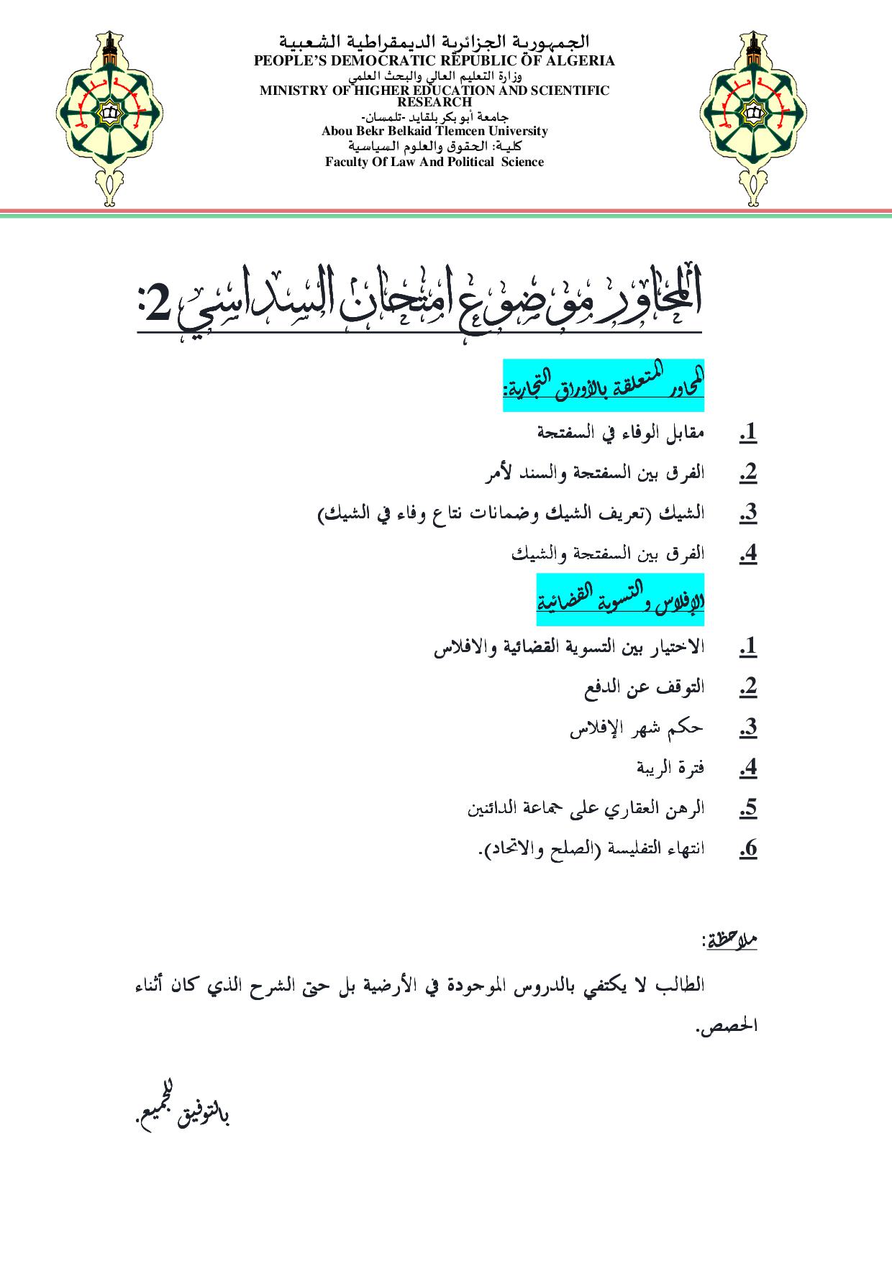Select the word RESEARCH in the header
click(x=434, y=102)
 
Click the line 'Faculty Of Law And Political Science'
click(x=434, y=162)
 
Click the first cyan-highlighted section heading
click(x=604, y=385)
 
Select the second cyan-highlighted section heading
click(x=620, y=600)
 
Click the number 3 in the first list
click(x=748, y=513)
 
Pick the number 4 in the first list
click(x=748, y=554)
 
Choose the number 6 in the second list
click(x=748, y=849)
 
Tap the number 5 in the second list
click(x=748, y=809)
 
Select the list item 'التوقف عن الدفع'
click(x=645, y=687)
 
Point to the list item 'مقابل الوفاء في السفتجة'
click(x=622, y=433)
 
